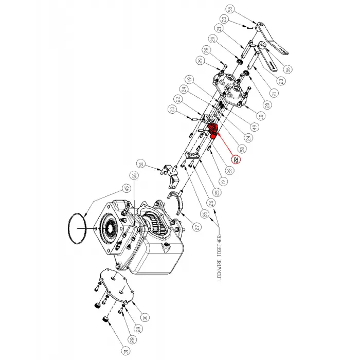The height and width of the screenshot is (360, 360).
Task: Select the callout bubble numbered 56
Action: [x=287, y=68]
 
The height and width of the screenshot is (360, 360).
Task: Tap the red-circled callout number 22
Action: [x=236, y=160]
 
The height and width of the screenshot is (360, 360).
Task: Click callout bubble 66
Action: [x=135, y=176]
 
